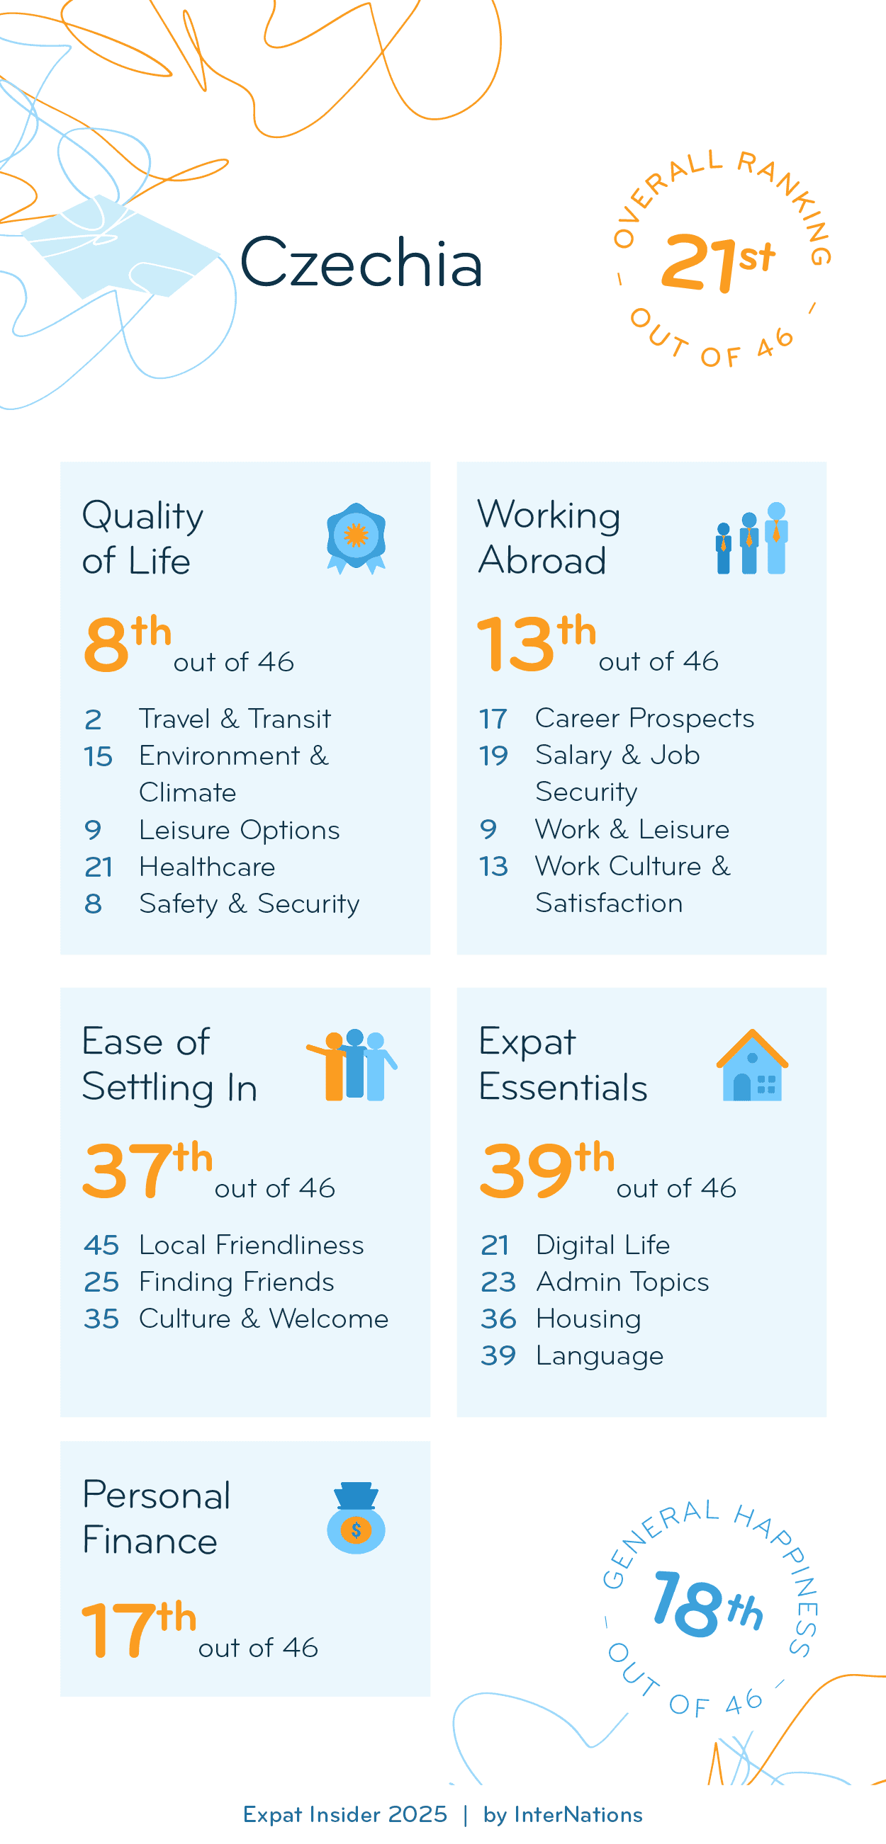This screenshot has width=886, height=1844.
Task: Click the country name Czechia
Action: [x=361, y=263]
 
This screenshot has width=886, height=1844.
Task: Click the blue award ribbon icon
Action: [x=356, y=537]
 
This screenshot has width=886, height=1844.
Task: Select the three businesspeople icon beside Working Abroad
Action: [x=751, y=538]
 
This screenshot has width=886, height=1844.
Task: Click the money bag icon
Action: [x=356, y=1518]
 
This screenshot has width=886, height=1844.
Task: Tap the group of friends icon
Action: [x=352, y=1065]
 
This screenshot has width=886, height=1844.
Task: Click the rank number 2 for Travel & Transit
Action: [x=93, y=719]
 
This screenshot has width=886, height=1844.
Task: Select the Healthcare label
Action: [x=207, y=867]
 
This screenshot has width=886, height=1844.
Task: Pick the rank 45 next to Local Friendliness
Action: [x=101, y=1245]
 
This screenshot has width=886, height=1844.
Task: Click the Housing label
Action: [x=588, y=1319]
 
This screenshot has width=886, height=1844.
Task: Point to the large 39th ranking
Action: [x=546, y=1171]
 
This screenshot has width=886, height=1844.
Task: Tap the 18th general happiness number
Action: [x=706, y=1605]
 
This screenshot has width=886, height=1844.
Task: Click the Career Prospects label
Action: [x=644, y=718]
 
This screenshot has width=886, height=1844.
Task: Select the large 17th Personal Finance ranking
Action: [x=138, y=1629]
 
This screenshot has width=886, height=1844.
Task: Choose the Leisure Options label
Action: [x=240, y=830]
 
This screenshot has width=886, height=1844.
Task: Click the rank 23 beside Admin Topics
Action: [x=498, y=1282]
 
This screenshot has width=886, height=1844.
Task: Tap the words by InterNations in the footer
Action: [x=562, y=1815]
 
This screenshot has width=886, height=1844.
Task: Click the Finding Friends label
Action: [x=236, y=1282]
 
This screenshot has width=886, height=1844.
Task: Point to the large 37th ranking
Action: [x=147, y=1171]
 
